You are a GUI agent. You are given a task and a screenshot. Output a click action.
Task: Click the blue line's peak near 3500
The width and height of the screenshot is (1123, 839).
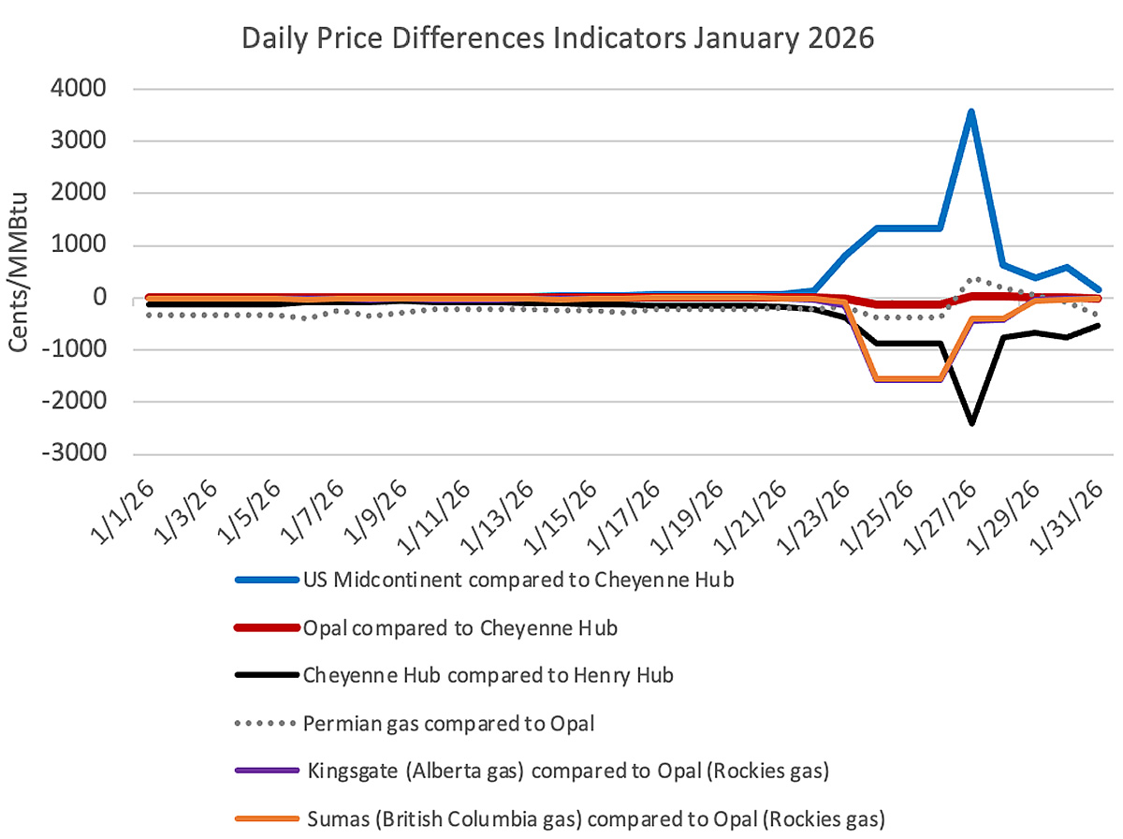(x=972, y=111)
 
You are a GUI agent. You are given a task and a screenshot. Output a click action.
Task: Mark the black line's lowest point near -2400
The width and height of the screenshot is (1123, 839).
(x=972, y=423)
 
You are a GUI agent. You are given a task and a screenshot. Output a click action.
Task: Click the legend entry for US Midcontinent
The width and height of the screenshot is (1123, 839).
(x=518, y=580)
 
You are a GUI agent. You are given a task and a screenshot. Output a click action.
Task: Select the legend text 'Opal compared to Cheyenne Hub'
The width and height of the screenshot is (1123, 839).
(x=459, y=628)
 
